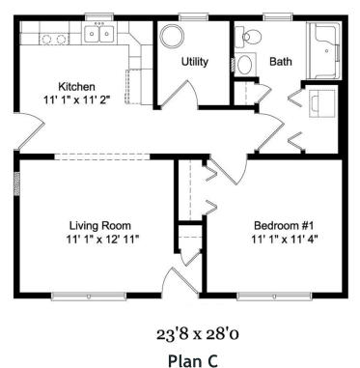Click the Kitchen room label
tap(76, 86)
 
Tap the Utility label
tap(196, 61)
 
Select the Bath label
tap(280, 62)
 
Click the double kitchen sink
tap(98, 36)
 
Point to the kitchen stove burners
tap(54, 39)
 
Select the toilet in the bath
tap(250, 38)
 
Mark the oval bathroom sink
tap(245, 67)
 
